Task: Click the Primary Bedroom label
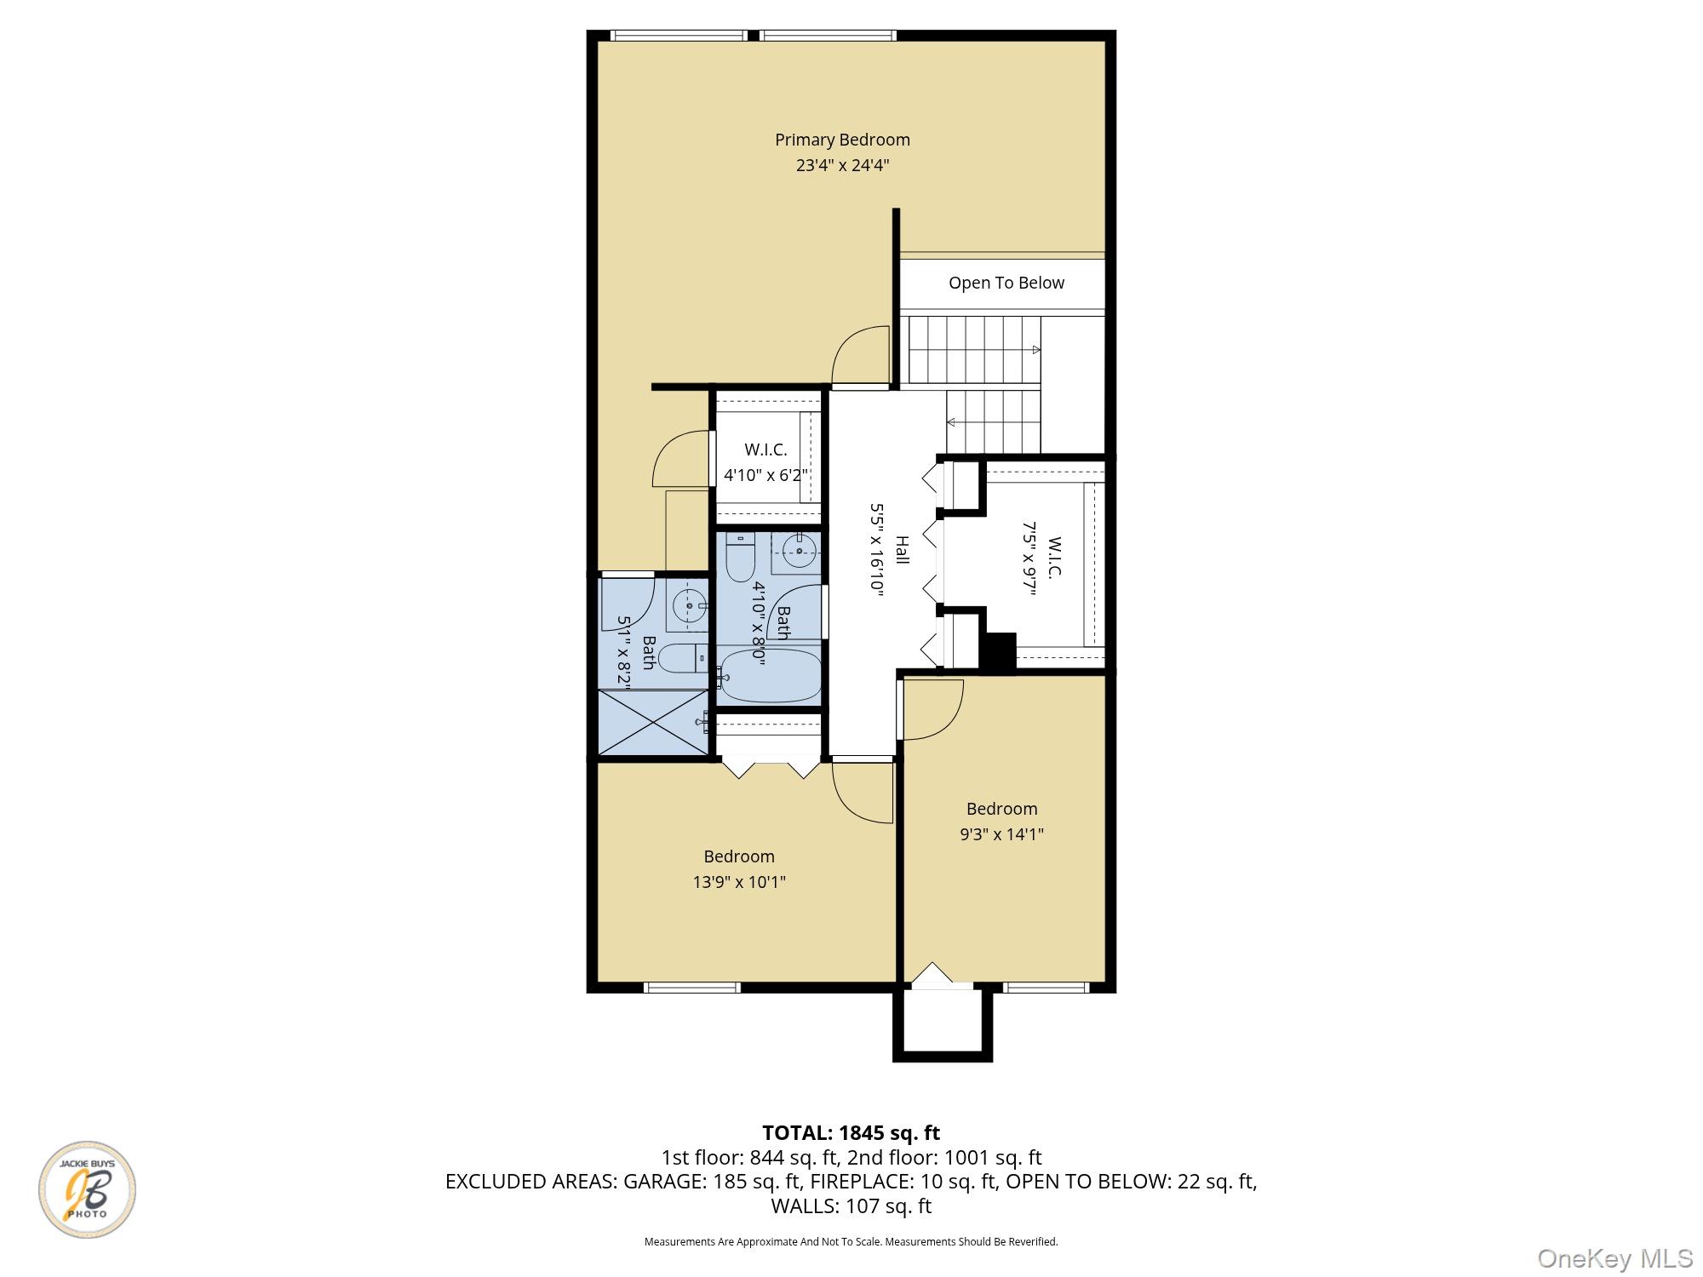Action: (x=842, y=140)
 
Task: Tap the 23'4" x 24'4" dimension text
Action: (x=842, y=165)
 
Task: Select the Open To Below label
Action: (x=1006, y=283)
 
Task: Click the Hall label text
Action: (x=902, y=549)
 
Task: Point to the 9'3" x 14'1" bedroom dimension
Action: (x=1001, y=834)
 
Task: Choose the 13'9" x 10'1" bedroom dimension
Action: (x=739, y=882)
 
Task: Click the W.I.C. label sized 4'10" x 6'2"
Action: (x=765, y=450)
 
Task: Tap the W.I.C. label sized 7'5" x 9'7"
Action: (x=1054, y=558)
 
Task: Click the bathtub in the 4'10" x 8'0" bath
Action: (x=768, y=676)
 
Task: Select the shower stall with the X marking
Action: (x=653, y=722)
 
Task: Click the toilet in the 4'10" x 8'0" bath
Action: (x=740, y=557)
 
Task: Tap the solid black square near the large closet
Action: (x=998, y=652)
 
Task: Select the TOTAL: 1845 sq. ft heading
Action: (x=851, y=1133)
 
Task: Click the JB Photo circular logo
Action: (x=87, y=1189)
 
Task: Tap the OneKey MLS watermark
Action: (x=1614, y=1258)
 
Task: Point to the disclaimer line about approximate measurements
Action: (x=851, y=1242)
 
